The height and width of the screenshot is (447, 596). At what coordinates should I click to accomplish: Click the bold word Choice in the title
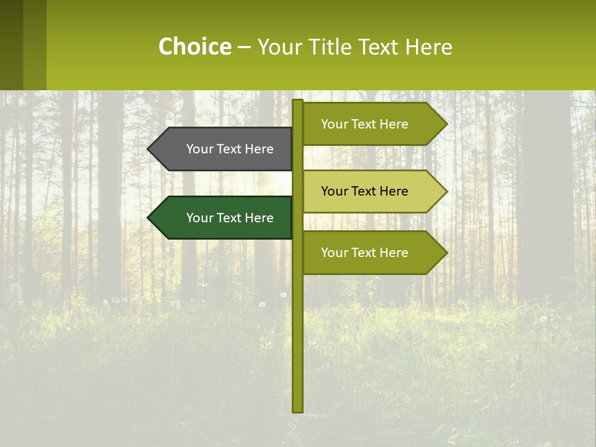pyautogui.click(x=194, y=47)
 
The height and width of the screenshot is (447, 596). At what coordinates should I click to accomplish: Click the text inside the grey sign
pyautogui.click(x=230, y=149)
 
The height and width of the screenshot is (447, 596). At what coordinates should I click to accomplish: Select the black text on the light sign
pyautogui.click(x=364, y=191)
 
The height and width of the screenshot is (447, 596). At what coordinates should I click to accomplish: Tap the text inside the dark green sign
pyautogui.click(x=230, y=218)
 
